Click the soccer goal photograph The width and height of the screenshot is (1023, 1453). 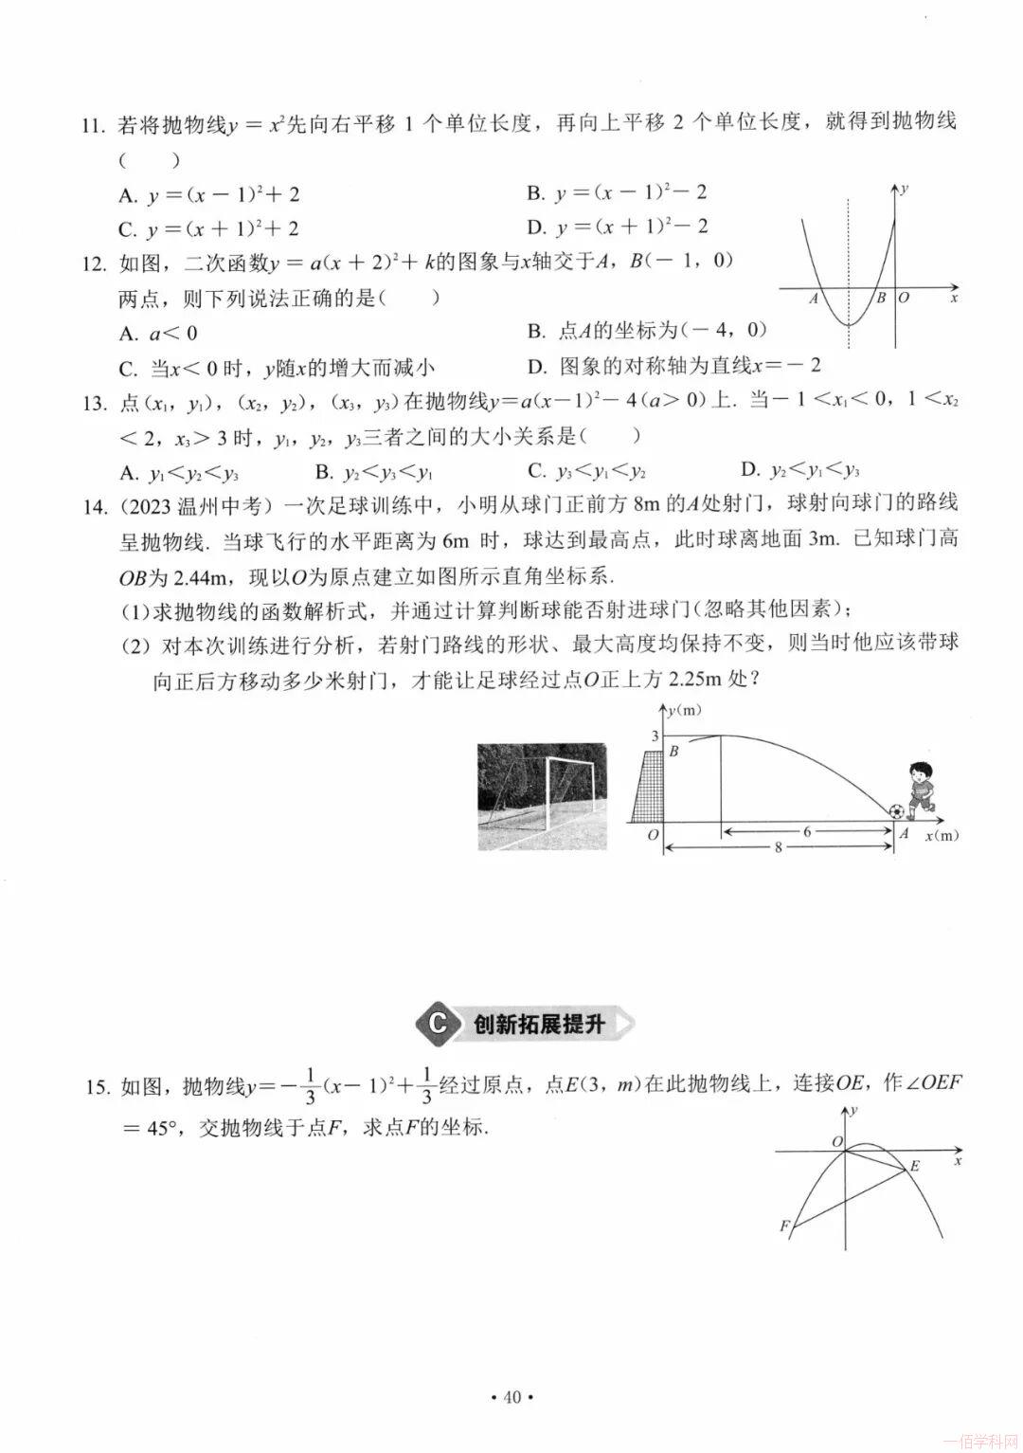tap(541, 796)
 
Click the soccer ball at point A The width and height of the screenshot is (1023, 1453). tap(895, 812)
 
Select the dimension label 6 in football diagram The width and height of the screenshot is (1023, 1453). tap(807, 831)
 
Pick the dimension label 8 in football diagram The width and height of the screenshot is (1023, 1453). tap(779, 847)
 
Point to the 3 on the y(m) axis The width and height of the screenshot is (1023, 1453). tap(653, 736)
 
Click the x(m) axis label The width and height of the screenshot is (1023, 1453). tap(941, 835)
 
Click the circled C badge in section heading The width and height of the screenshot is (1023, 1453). tap(437, 1024)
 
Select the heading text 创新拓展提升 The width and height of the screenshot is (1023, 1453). tap(538, 1024)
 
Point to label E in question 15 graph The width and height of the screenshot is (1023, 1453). tap(915, 1166)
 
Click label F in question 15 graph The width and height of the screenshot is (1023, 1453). tap(783, 1226)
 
